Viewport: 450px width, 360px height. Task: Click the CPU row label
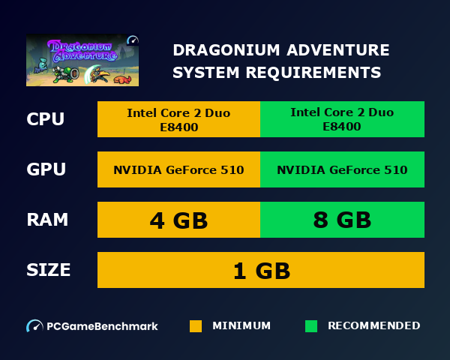[x=46, y=120]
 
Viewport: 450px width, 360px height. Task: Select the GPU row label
[x=46, y=169]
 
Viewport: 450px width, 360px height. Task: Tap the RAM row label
[x=47, y=220]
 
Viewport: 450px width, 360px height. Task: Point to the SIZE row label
[x=49, y=270]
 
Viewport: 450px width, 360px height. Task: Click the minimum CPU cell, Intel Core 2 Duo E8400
[x=178, y=119]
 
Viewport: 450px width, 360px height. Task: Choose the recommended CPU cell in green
[x=342, y=119]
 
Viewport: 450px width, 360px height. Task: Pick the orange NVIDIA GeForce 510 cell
[x=178, y=169]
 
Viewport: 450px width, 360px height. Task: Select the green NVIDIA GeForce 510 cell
[x=342, y=169]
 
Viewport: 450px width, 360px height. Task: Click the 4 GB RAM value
[x=178, y=220]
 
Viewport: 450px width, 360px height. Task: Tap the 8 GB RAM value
[x=342, y=220]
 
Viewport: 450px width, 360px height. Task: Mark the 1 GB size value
[x=261, y=270]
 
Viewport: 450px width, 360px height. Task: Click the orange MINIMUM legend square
[x=196, y=326]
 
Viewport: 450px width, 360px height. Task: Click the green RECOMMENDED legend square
[x=311, y=326]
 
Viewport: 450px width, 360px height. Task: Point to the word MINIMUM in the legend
[x=241, y=326]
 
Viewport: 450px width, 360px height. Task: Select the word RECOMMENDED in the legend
[x=373, y=326]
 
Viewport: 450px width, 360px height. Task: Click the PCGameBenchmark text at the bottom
[x=102, y=326]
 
